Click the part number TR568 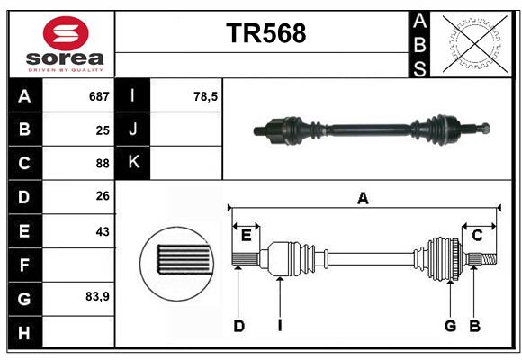pos(265,33)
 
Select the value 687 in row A pos(99,96)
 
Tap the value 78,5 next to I pos(206,96)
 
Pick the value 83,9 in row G pos(97,296)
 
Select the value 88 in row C pos(102,163)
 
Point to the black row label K pos(133,163)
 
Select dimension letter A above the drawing pos(363,198)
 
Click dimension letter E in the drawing pos(246,235)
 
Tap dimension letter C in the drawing pos(477,235)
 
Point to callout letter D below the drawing pos(238,326)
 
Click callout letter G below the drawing pos(450,326)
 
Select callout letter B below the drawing pos(474,326)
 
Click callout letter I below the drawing pos(279,326)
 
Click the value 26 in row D pos(102,197)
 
